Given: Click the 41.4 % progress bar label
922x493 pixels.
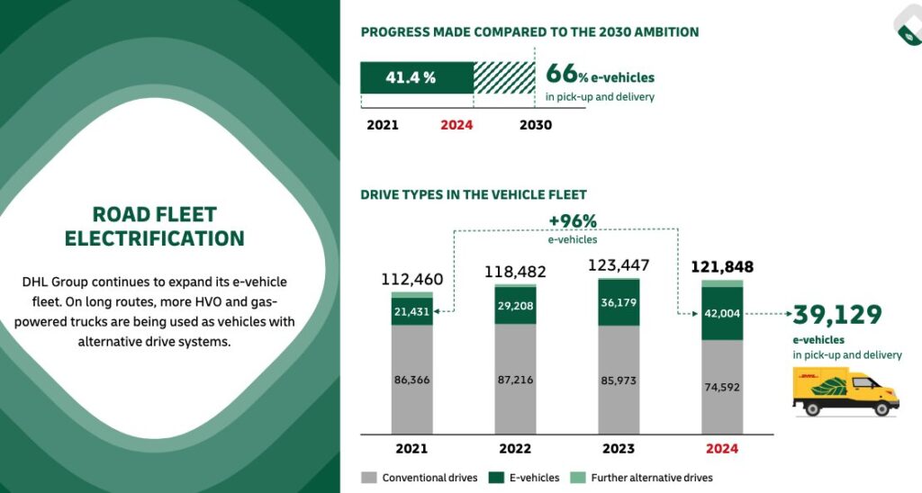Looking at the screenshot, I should click(411, 77).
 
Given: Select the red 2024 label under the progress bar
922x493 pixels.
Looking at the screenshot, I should click(456, 125).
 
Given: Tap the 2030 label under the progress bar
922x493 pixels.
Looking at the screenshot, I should click(536, 125).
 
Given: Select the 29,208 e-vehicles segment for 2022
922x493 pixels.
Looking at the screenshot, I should click(515, 306).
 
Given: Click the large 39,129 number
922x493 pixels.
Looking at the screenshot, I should click(837, 315).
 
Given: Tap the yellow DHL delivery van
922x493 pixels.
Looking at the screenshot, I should click(845, 394).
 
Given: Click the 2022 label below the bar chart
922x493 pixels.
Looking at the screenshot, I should click(516, 448).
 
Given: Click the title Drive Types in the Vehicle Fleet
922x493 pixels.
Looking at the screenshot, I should click(474, 194).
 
